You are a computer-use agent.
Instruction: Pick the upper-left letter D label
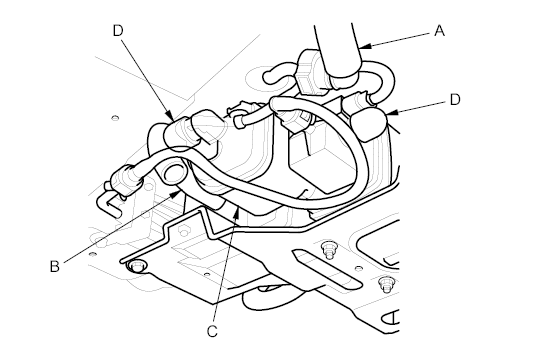[118, 30]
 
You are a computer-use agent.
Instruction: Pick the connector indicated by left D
[186, 130]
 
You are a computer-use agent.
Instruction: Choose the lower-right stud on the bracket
[385, 288]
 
